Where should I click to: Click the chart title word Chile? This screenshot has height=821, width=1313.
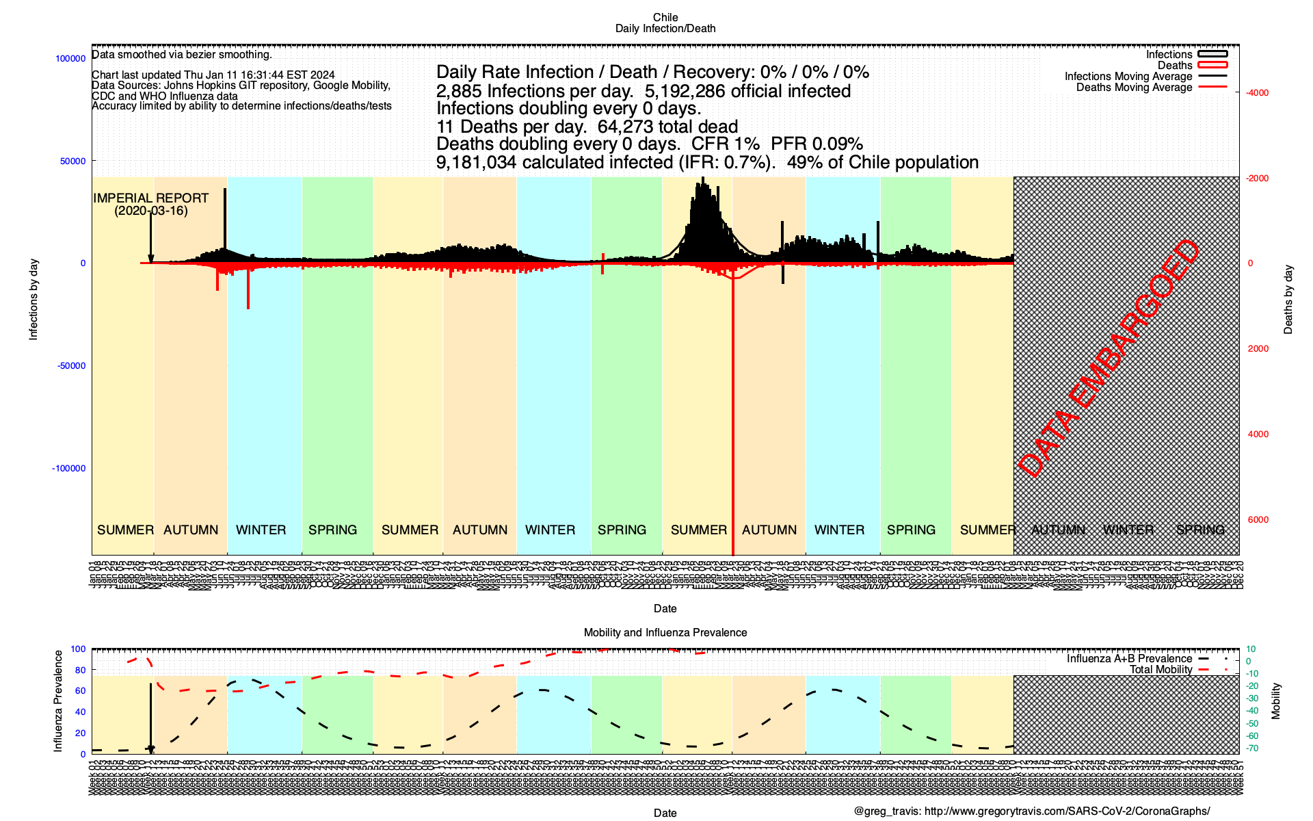[665, 17]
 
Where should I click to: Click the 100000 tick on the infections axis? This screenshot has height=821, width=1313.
[70, 59]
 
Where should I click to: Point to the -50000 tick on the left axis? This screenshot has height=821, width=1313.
[70, 366]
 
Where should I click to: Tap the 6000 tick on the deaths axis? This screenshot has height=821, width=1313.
[1258, 520]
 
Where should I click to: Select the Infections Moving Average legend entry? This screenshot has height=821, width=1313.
[1128, 77]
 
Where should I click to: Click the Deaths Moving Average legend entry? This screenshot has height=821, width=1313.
[1134, 88]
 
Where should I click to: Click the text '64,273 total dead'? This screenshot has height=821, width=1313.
[667, 127]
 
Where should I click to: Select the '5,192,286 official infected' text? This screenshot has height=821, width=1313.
[747, 91]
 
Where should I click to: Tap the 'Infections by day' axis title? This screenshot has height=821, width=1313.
[34, 299]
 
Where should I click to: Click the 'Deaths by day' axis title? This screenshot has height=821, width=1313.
[1288, 299]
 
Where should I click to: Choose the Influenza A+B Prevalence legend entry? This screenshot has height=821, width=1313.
[1129, 659]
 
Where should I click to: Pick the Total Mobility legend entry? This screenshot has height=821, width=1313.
[1161, 670]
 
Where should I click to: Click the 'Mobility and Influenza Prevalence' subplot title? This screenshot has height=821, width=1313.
[665, 633]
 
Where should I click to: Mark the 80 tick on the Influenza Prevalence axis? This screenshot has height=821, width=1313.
[81, 670]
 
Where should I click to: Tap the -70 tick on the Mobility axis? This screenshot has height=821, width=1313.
[1251, 748]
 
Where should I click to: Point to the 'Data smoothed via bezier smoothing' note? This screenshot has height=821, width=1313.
[182, 55]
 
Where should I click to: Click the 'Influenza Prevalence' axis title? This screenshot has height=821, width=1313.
[58, 701]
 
